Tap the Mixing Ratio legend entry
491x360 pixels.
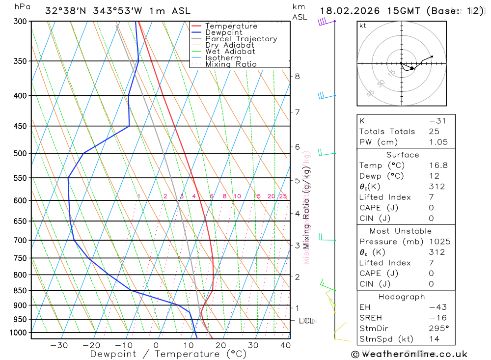[231, 64]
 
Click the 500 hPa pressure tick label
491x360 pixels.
[20, 153]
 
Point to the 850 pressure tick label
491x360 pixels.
[20, 291]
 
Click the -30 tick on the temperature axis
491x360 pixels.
[59, 345]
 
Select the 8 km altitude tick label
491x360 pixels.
[297, 76]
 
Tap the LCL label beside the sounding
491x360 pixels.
[306, 321]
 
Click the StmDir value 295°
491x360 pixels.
[438, 329]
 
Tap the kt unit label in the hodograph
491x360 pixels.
[363, 26]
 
